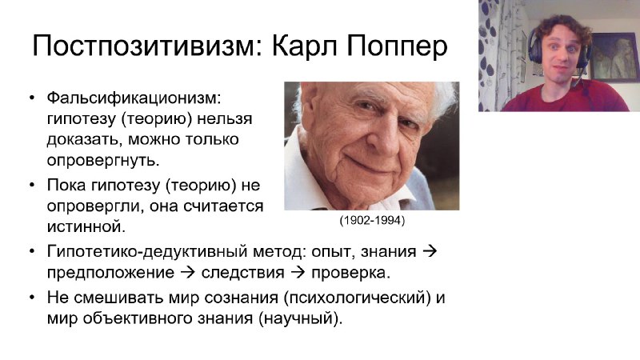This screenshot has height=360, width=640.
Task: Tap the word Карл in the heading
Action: [305, 46]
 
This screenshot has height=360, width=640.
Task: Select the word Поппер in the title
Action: [397, 46]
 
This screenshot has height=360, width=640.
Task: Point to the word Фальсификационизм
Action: [134, 98]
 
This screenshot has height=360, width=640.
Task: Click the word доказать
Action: [84, 139]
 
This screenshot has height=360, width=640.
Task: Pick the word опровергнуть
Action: [103, 161]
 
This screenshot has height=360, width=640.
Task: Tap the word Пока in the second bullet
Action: [66, 185]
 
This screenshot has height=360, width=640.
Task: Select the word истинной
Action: [86, 226]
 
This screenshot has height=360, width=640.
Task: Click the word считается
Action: [223, 206]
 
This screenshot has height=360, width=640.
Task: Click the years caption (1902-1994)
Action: [372, 221]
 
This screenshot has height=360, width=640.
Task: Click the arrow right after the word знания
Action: [430, 251]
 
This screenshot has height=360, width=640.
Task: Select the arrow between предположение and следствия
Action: [188, 272]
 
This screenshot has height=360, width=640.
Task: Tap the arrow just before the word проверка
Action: [298, 272]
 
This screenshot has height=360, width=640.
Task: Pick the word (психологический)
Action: [357, 298]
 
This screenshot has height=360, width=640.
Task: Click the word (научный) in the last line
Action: [300, 318]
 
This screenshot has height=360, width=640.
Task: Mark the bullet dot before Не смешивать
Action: [32, 298]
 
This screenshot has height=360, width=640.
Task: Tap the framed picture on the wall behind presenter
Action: [614, 57]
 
